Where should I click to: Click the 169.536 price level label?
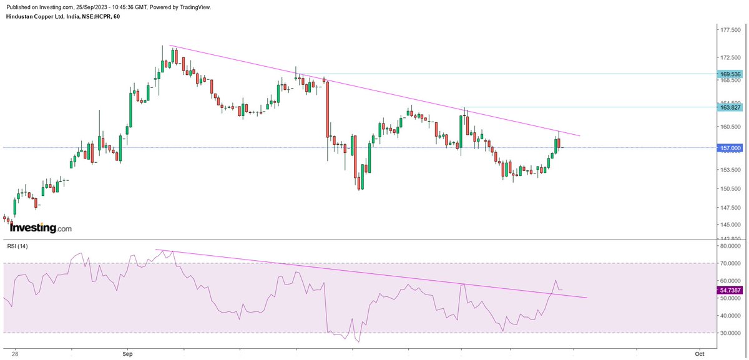tap(728, 74)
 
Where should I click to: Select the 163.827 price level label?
tap(728, 107)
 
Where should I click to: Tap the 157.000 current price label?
tap(728, 148)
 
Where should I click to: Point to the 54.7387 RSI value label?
tap(728, 290)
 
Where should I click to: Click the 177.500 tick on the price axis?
tap(729, 29)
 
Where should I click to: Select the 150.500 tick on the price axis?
tap(729, 188)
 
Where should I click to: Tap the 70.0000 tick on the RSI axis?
tap(729, 263)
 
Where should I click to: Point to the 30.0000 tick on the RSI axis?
tap(729, 333)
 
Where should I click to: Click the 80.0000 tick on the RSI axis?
tap(729, 246)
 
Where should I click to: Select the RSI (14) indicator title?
tap(17, 246)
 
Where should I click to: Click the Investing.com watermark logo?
tap(41, 228)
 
